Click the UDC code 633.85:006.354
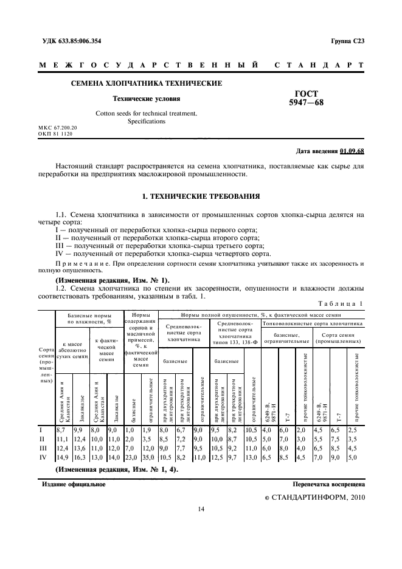[x=77, y=41]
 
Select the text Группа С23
[x=347, y=41]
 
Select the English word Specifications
[x=147, y=122]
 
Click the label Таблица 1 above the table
[x=341, y=303]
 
